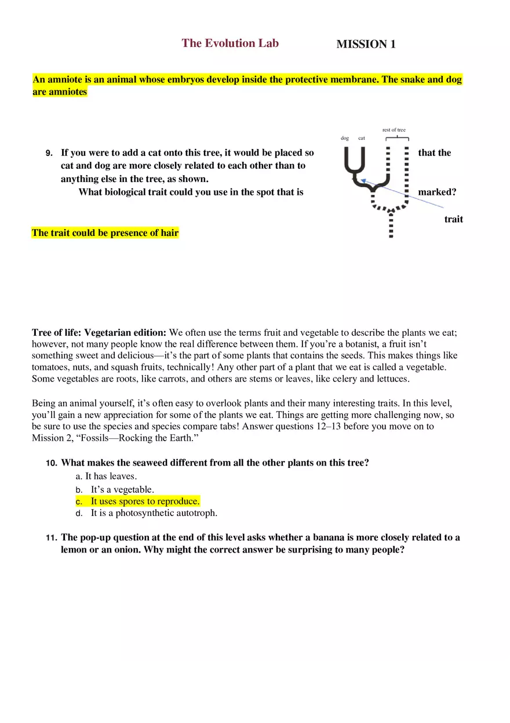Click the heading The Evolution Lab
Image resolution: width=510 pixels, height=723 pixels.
(230, 43)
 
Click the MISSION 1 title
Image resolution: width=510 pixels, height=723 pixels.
(366, 45)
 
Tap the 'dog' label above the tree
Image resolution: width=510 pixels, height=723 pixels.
(345, 139)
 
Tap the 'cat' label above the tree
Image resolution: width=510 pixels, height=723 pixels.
(362, 139)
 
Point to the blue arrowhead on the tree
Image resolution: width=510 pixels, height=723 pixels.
(363, 181)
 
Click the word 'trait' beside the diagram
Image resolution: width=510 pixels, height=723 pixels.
(453, 219)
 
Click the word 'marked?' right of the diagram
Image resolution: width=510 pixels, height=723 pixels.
(437, 192)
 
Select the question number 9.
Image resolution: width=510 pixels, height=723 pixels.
(49, 154)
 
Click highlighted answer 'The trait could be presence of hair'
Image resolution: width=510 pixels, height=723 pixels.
(105, 233)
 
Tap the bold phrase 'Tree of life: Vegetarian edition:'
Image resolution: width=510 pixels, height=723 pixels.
(99, 333)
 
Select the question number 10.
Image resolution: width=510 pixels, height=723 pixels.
(51, 463)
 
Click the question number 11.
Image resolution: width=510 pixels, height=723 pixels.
(51, 538)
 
